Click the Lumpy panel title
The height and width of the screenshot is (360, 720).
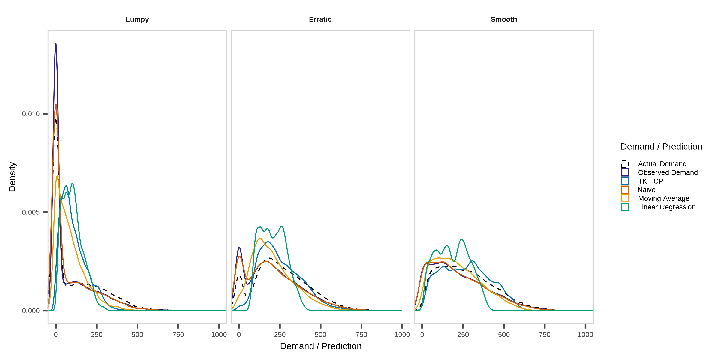click(x=137, y=19)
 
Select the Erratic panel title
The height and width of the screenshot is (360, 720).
click(x=320, y=19)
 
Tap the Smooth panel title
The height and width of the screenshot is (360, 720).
click(x=504, y=19)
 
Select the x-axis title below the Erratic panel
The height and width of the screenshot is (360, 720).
click(x=321, y=346)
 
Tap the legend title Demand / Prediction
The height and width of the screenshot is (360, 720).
click(x=661, y=146)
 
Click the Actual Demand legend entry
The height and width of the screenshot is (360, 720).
click(x=662, y=164)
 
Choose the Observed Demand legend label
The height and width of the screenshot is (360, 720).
click(x=668, y=172)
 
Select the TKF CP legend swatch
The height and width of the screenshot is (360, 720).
click(x=625, y=181)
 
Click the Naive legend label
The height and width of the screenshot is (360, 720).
click(x=646, y=190)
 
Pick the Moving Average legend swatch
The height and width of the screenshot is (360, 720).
click(x=625, y=198)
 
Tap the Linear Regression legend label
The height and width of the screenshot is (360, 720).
click(x=667, y=207)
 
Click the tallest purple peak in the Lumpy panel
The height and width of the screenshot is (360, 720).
click(x=56, y=43)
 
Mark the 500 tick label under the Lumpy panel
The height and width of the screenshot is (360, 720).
click(x=137, y=334)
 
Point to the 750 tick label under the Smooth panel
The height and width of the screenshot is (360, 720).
click(x=544, y=334)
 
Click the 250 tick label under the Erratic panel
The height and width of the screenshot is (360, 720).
click(x=280, y=334)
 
